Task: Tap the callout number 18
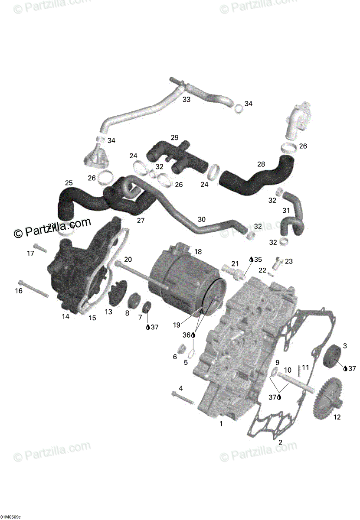(x=198, y=252)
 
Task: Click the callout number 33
(x=186, y=100)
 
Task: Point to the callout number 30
(x=201, y=219)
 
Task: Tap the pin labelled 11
(x=299, y=371)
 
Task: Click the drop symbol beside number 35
(x=251, y=260)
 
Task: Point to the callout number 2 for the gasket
(x=280, y=442)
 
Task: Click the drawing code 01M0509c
(x=10, y=517)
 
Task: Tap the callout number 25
(x=69, y=183)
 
